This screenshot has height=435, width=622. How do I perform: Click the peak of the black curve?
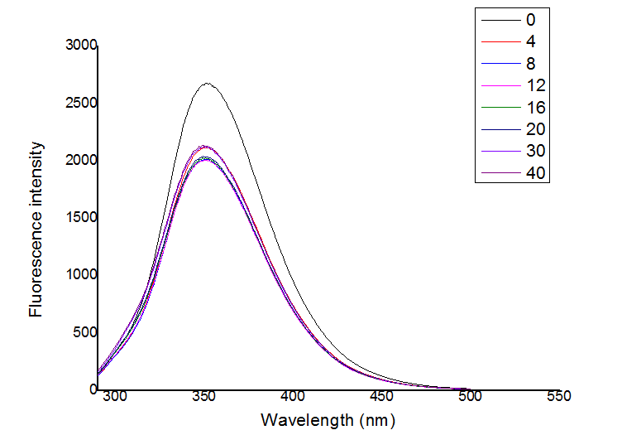point(208,83)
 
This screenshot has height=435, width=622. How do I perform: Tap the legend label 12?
point(533,85)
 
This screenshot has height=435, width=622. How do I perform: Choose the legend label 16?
point(533,108)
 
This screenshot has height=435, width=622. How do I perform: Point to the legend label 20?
point(533,129)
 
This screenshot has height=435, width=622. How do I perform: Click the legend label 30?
point(533,152)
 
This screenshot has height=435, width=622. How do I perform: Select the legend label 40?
point(533,173)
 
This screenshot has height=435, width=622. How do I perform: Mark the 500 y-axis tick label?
point(85,332)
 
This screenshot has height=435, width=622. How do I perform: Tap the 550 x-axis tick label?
point(559,397)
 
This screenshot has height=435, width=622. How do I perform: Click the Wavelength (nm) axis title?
point(328,420)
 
